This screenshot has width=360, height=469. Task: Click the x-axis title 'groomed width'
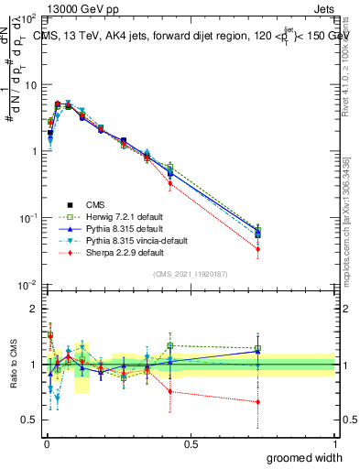307,457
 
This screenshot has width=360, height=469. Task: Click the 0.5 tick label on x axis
191,443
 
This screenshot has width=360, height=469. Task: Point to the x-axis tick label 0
46,443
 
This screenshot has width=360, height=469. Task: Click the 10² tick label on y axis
29,18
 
